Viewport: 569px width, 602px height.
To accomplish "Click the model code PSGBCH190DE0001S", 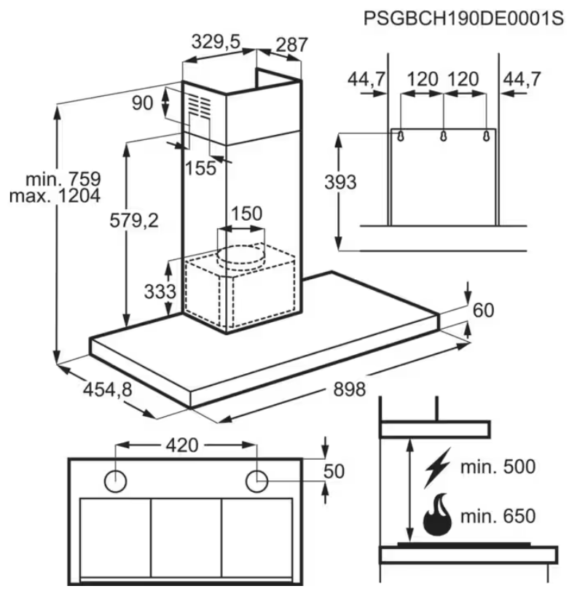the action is (x=463, y=18).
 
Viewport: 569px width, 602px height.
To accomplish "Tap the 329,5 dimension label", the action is (x=216, y=42).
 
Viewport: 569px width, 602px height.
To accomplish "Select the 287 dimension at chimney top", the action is (x=292, y=44).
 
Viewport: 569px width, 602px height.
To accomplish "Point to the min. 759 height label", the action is (x=63, y=179).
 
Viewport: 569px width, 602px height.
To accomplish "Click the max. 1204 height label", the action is (x=55, y=196).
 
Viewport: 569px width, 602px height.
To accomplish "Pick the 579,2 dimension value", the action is (x=134, y=220).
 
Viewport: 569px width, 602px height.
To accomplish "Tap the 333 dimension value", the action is (x=160, y=292).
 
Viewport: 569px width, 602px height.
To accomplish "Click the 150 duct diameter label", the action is (x=246, y=214).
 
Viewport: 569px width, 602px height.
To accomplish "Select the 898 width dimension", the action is (x=349, y=389).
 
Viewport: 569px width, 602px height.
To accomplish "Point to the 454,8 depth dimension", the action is (x=108, y=390).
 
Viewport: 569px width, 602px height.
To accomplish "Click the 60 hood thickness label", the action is (x=483, y=310).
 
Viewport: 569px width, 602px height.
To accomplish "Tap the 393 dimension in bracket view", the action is (x=340, y=182).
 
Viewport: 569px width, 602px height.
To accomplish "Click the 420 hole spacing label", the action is (x=182, y=445).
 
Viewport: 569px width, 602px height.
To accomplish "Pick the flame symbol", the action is (x=437, y=515).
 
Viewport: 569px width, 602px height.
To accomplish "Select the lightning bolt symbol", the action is (x=437, y=467).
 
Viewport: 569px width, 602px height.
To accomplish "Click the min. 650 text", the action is (x=498, y=516).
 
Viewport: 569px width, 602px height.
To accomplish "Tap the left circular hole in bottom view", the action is (x=115, y=481).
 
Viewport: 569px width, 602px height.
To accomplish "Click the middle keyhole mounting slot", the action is (x=444, y=136).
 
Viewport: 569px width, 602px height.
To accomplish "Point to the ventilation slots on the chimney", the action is (x=200, y=106).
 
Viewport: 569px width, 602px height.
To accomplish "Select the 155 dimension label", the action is (x=200, y=168).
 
